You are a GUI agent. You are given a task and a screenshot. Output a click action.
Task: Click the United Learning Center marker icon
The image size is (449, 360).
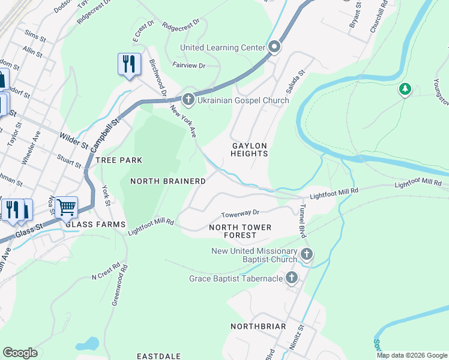pos(275,47)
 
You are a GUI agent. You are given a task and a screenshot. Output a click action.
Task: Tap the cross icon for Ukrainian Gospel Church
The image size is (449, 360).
pos(188,100)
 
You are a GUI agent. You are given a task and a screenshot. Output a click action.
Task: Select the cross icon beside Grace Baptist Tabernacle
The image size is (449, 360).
pos(292,277)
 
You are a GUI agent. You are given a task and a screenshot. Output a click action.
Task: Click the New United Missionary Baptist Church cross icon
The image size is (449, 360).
pos(306,254)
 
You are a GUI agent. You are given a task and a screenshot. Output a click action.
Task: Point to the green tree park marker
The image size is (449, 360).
pos(406,90)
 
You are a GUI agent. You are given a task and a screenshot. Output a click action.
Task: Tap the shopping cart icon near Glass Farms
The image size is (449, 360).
pos(66,208)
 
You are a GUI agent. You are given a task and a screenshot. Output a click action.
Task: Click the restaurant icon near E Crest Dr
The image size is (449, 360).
pos(129,64)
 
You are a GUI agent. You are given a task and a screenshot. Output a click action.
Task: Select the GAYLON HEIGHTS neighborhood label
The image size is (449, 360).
pos(250,149)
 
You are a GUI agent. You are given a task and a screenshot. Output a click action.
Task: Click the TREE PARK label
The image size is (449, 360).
pos(119,160)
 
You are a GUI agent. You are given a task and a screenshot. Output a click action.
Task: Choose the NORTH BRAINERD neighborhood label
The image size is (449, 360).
pos(168,181)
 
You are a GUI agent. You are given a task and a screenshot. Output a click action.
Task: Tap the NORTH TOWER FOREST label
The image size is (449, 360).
pos(240,231)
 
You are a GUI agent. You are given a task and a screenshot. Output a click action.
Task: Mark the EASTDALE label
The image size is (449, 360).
pos(158,356)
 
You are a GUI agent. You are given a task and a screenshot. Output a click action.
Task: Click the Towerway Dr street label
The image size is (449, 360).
pos(240,213)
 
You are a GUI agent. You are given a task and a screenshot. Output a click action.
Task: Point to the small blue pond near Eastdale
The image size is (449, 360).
pos(87,344)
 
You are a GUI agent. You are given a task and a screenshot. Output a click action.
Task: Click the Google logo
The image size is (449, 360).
pos(20,353)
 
